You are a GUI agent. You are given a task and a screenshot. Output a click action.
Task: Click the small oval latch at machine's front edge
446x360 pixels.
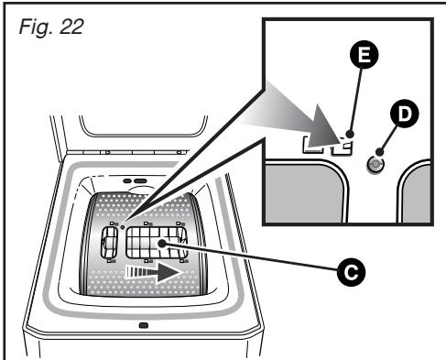(x=141, y=325)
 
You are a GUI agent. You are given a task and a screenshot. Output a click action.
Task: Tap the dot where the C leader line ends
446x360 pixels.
(x=161, y=243)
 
